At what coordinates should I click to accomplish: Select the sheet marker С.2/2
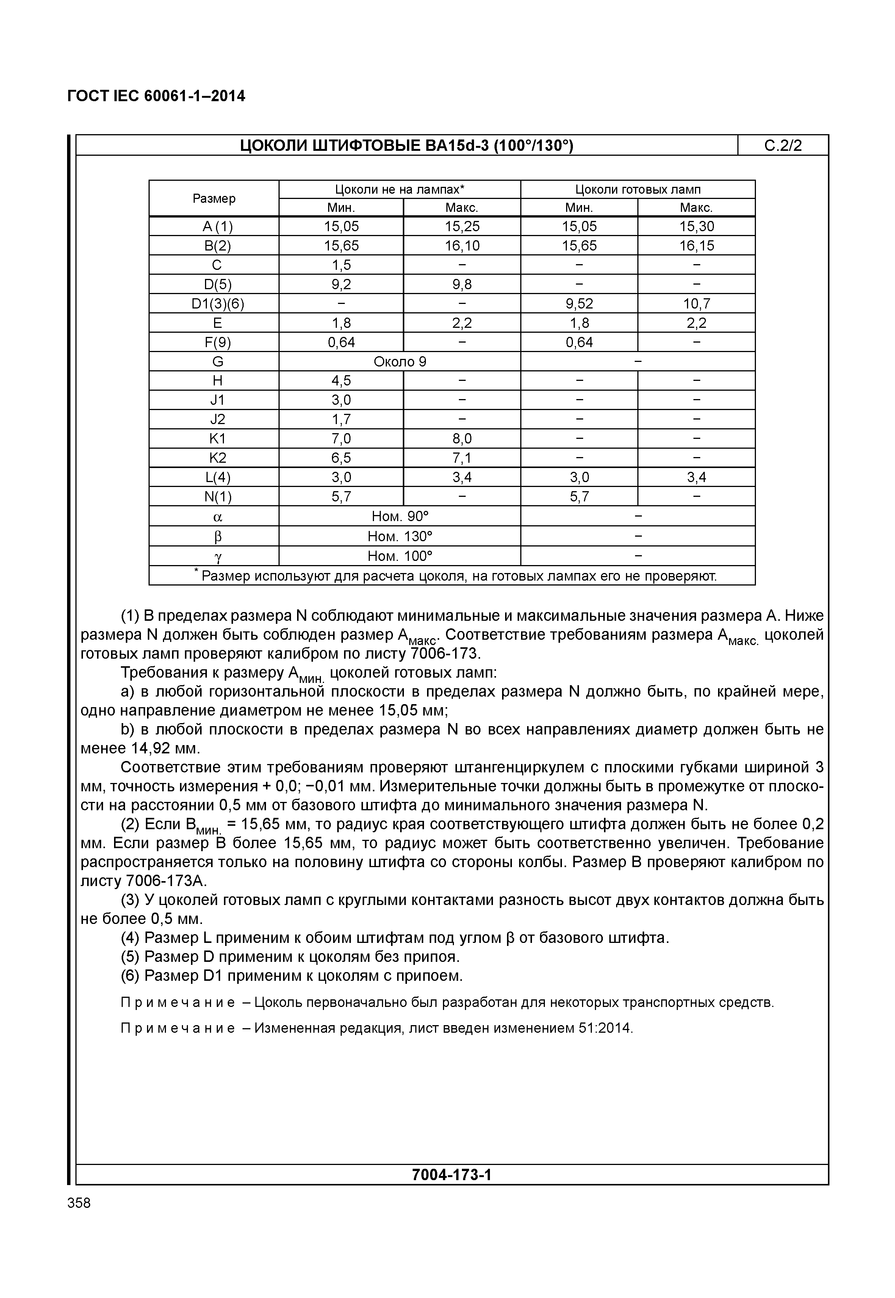(783, 146)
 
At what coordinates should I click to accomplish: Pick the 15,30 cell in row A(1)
(696, 227)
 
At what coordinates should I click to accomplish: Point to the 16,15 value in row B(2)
(696, 246)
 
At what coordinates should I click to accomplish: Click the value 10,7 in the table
(696, 304)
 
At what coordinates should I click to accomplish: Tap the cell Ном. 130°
(400, 536)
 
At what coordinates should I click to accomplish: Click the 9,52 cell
(579, 304)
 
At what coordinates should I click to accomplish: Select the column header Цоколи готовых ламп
(638, 189)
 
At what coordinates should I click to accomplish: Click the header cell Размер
(214, 199)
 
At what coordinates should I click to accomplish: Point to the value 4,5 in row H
(341, 381)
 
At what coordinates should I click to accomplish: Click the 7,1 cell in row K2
(462, 458)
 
